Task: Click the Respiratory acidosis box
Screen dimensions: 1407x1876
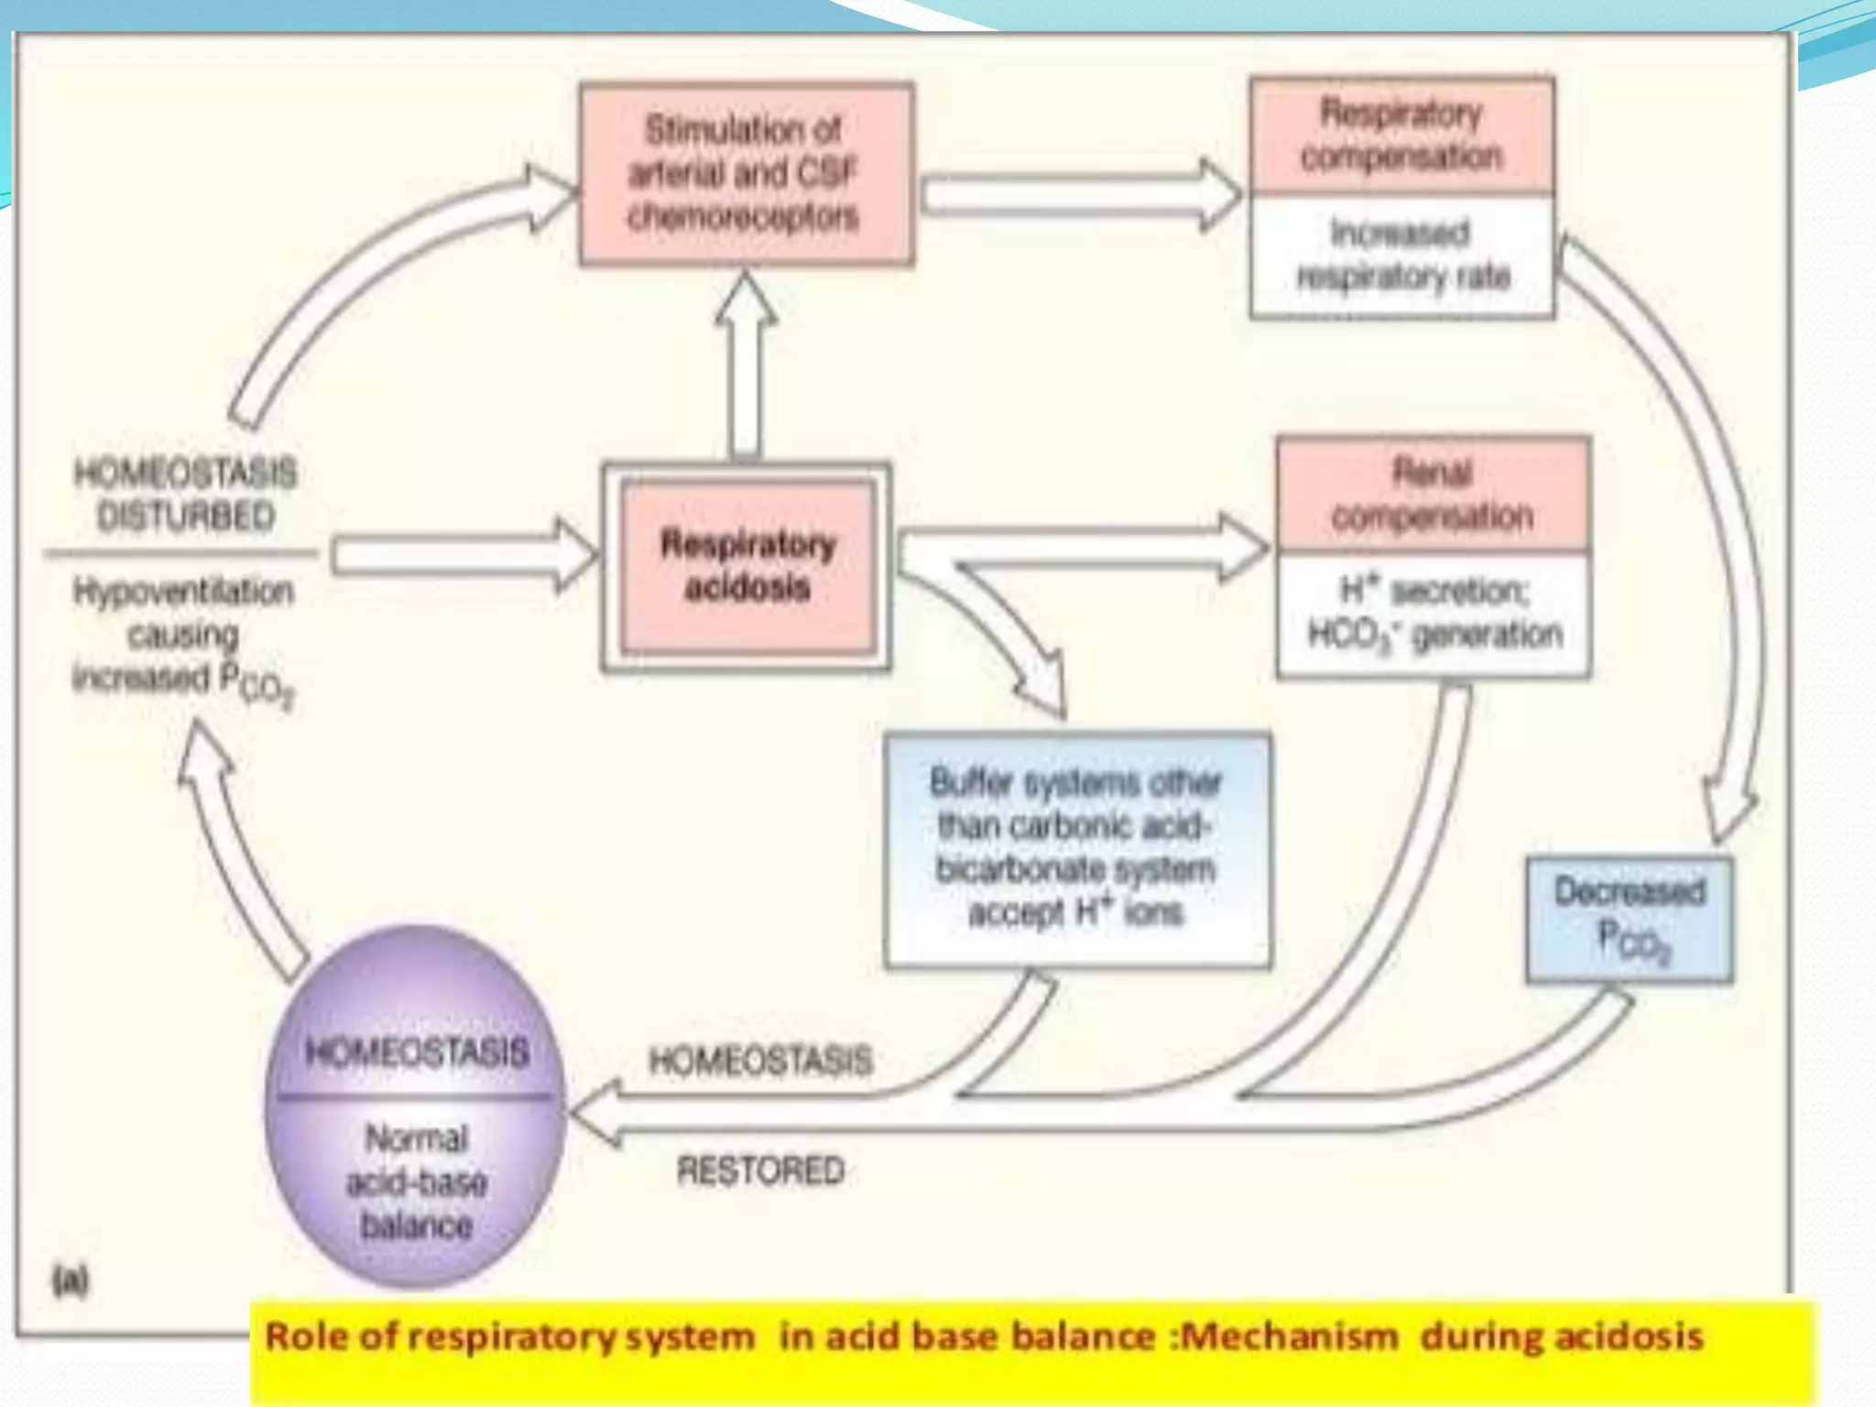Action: (747, 567)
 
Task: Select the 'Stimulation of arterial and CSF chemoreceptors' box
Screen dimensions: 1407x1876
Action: (746, 174)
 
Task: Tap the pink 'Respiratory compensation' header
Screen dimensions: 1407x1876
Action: (1402, 136)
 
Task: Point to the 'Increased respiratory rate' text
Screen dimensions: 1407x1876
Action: (1402, 255)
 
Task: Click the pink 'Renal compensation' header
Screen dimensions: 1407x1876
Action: (1433, 496)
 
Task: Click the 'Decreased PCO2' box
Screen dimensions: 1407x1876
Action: (1630, 919)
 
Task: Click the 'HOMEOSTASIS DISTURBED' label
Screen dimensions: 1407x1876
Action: (185, 495)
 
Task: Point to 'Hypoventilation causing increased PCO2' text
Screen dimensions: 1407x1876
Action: (183, 635)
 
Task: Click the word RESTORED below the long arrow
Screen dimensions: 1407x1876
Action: (760, 1171)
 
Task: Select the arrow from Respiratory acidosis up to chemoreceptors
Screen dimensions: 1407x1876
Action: (746, 366)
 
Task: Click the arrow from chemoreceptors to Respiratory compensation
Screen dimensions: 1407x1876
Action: (1081, 194)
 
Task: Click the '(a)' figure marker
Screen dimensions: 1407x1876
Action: (71, 1281)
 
